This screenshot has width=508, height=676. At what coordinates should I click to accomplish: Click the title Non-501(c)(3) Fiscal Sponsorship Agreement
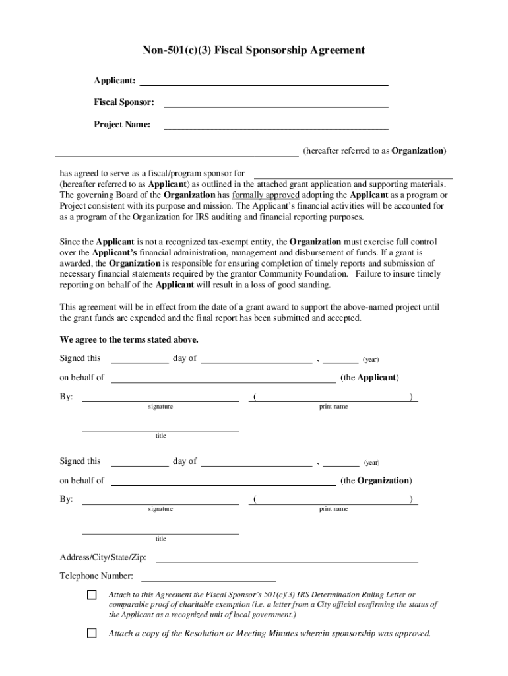(x=253, y=50)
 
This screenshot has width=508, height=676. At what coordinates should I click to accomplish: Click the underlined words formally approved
(x=266, y=195)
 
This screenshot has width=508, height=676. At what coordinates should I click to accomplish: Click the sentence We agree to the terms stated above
(x=129, y=340)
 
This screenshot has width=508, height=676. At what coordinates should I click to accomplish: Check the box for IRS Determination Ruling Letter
(x=92, y=595)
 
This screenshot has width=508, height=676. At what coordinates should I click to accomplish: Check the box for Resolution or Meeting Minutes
(x=92, y=634)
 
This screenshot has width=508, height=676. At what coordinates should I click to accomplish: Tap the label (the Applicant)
(x=369, y=378)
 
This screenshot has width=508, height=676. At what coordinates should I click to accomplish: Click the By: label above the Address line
(x=67, y=500)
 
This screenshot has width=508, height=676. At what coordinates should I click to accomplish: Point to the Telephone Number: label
(x=96, y=576)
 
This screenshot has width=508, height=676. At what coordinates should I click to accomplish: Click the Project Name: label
(x=121, y=125)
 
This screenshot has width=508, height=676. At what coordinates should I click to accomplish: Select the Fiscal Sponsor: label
(x=123, y=103)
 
